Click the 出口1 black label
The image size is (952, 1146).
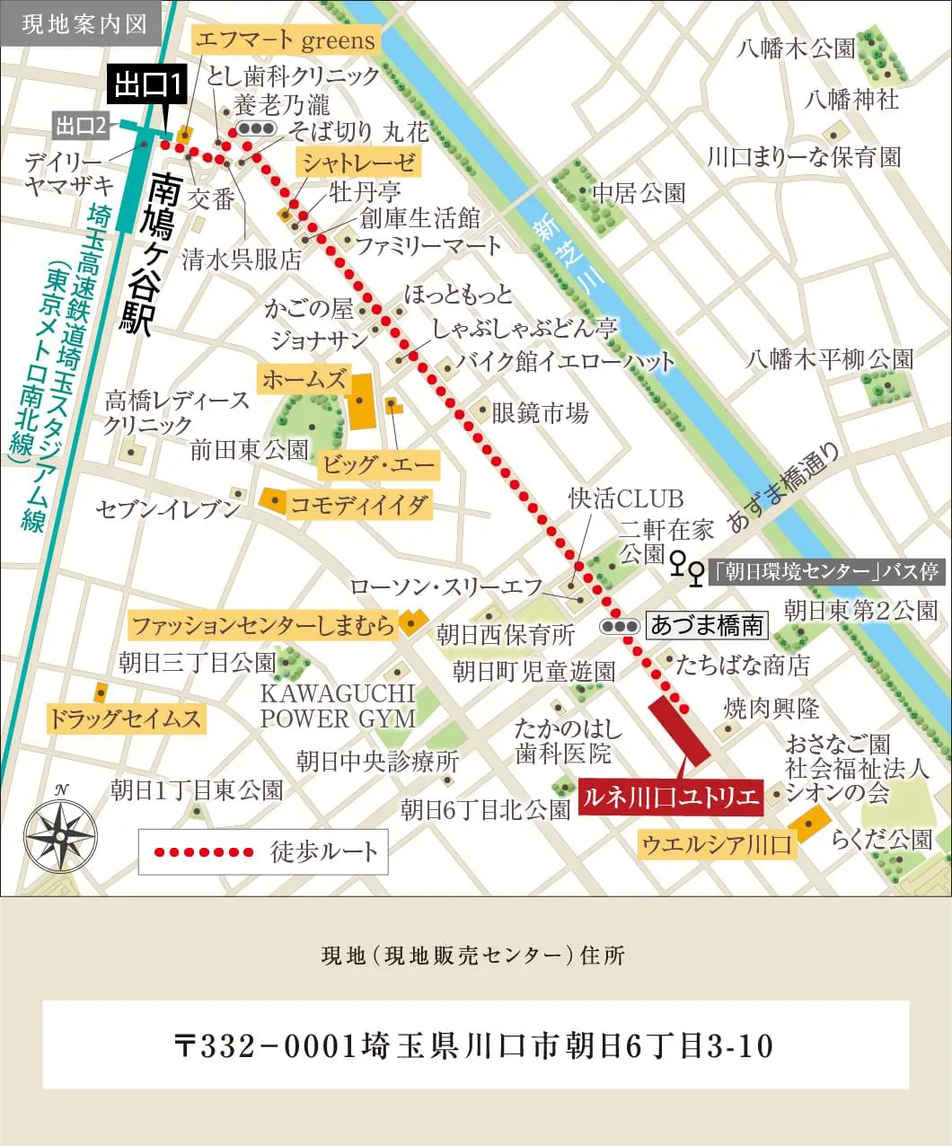pyautogui.click(x=149, y=85)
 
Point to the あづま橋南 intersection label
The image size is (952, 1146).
pyautogui.click(x=707, y=625)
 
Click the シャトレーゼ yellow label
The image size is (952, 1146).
pyautogui.click(x=358, y=163)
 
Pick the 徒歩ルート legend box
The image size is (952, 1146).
pyautogui.click(x=263, y=851)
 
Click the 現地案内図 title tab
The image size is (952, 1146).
pyautogui.click(x=84, y=22)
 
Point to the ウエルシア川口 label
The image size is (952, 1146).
pyautogui.click(x=717, y=844)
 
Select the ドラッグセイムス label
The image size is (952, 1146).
pyautogui.click(x=125, y=718)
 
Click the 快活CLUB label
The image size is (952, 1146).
pyautogui.click(x=625, y=498)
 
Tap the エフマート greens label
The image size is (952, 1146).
pyautogui.click(x=285, y=40)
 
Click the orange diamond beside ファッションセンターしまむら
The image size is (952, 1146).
pyautogui.click(x=410, y=622)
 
